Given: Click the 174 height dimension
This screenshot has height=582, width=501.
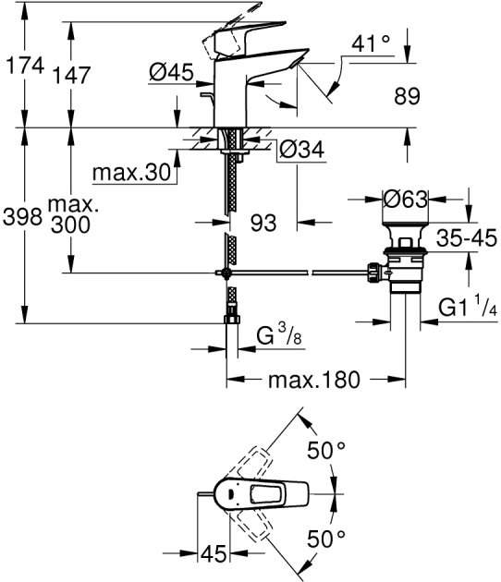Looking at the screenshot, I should [x=21, y=66].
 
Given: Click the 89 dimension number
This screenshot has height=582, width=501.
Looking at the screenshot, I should [x=407, y=95].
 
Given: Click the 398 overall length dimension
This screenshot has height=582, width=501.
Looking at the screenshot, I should [x=21, y=217].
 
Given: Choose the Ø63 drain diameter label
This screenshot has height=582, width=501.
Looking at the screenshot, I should [x=408, y=199].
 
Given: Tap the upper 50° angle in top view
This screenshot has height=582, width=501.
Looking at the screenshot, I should [x=326, y=452].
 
